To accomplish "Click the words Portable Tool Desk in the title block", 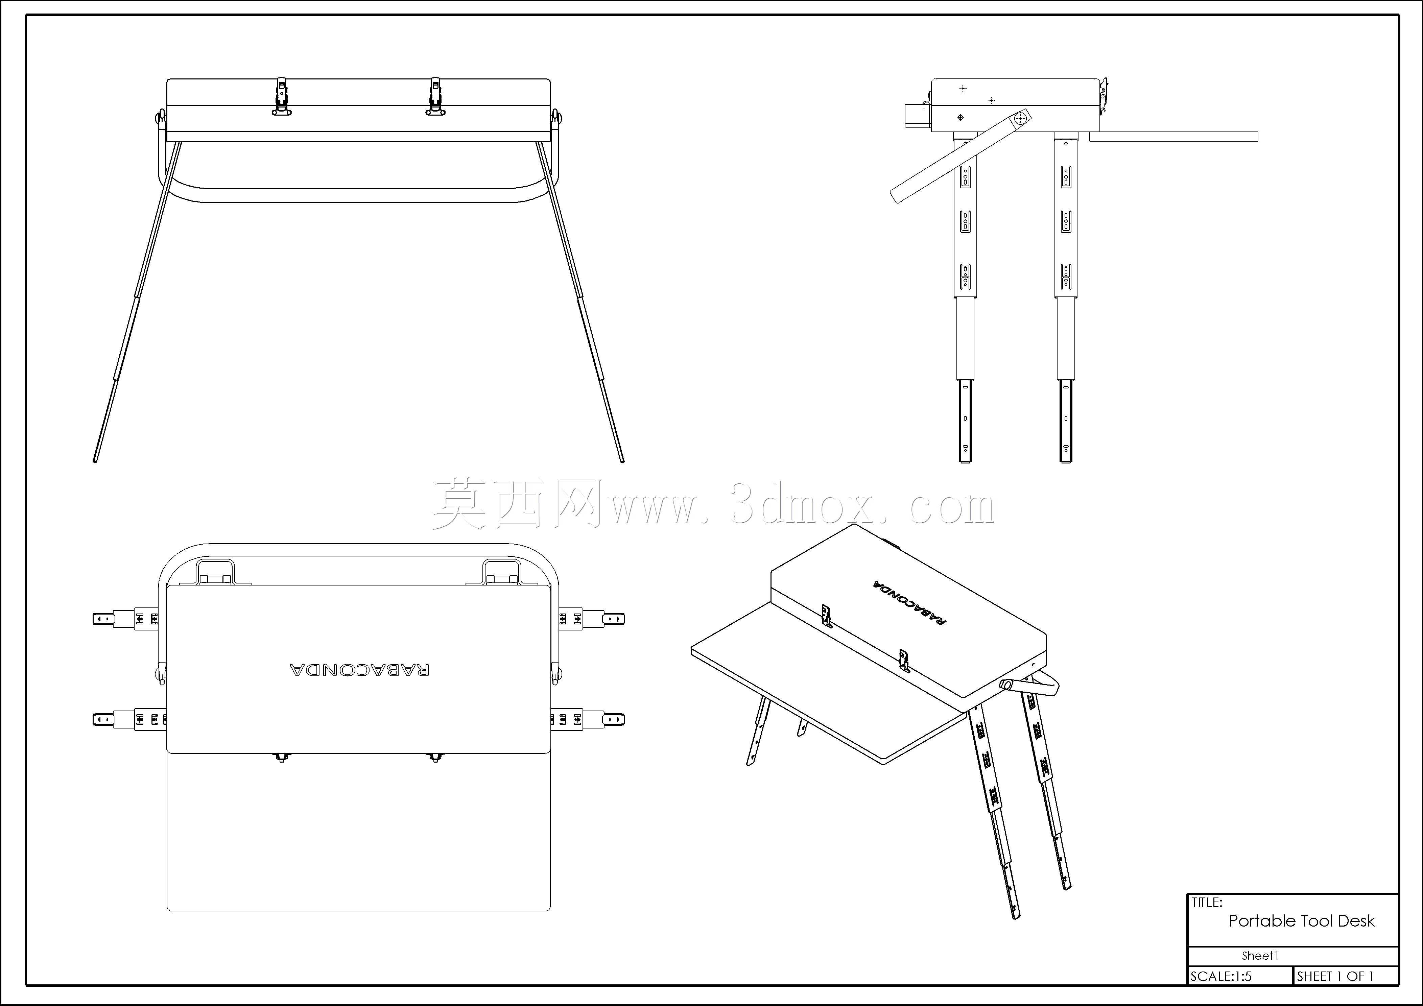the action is (x=1302, y=921).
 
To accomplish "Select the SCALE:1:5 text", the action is (x=1221, y=976).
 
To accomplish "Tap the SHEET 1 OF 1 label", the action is (x=1336, y=976).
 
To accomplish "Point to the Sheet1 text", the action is (x=1260, y=956).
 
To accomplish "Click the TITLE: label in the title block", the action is (x=1207, y=903).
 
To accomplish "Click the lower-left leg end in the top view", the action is (x=103, y=719).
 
